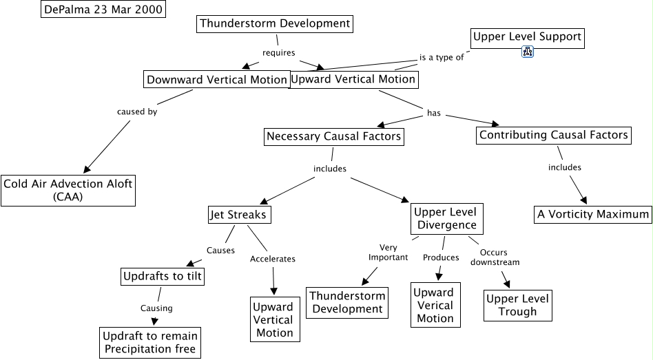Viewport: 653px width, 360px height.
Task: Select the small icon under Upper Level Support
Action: pyautogui.click(x=528, y=51)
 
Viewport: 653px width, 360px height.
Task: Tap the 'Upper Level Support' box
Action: pyautogui.click(x=528, y=36)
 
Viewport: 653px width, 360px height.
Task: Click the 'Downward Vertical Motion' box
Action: pyautogui.click(x=216, y=80)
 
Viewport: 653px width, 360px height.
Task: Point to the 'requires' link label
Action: pyautogui.click(x=279, y=52)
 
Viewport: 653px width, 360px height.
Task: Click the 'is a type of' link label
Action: pyautogui.click(x=442, y=57)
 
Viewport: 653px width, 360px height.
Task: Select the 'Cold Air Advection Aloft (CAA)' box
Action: pyautogui.click(x=68, y=190)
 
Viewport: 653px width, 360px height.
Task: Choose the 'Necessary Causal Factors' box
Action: pyautogui.click(x=333, y=136)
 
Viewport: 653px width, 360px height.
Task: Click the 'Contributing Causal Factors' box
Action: pyautogui.click(x=553, y=135)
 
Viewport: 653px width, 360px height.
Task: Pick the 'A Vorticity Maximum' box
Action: pyautogui.click(x=593, y=214)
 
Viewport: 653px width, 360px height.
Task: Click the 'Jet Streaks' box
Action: pyautogui.click(x=238, y=215)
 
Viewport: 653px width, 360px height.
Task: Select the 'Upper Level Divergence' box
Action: pyautogui.click(x=446, y=218)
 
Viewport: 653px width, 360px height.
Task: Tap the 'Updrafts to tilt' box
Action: pyautogui.click(x=163, y=277)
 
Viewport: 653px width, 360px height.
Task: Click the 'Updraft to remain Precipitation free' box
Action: pyautogui.click(x=150, y=343)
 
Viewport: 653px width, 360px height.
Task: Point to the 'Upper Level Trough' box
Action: pyautogui.click(x=517, y=305)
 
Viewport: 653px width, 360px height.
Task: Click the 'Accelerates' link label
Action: pyautogui.click(x=273, y=259)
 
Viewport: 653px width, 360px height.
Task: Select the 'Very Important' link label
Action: pyautogui.click(x=383, y=253)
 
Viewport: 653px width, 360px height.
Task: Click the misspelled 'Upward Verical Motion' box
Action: pyautogui.click(x=435, y=305)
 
